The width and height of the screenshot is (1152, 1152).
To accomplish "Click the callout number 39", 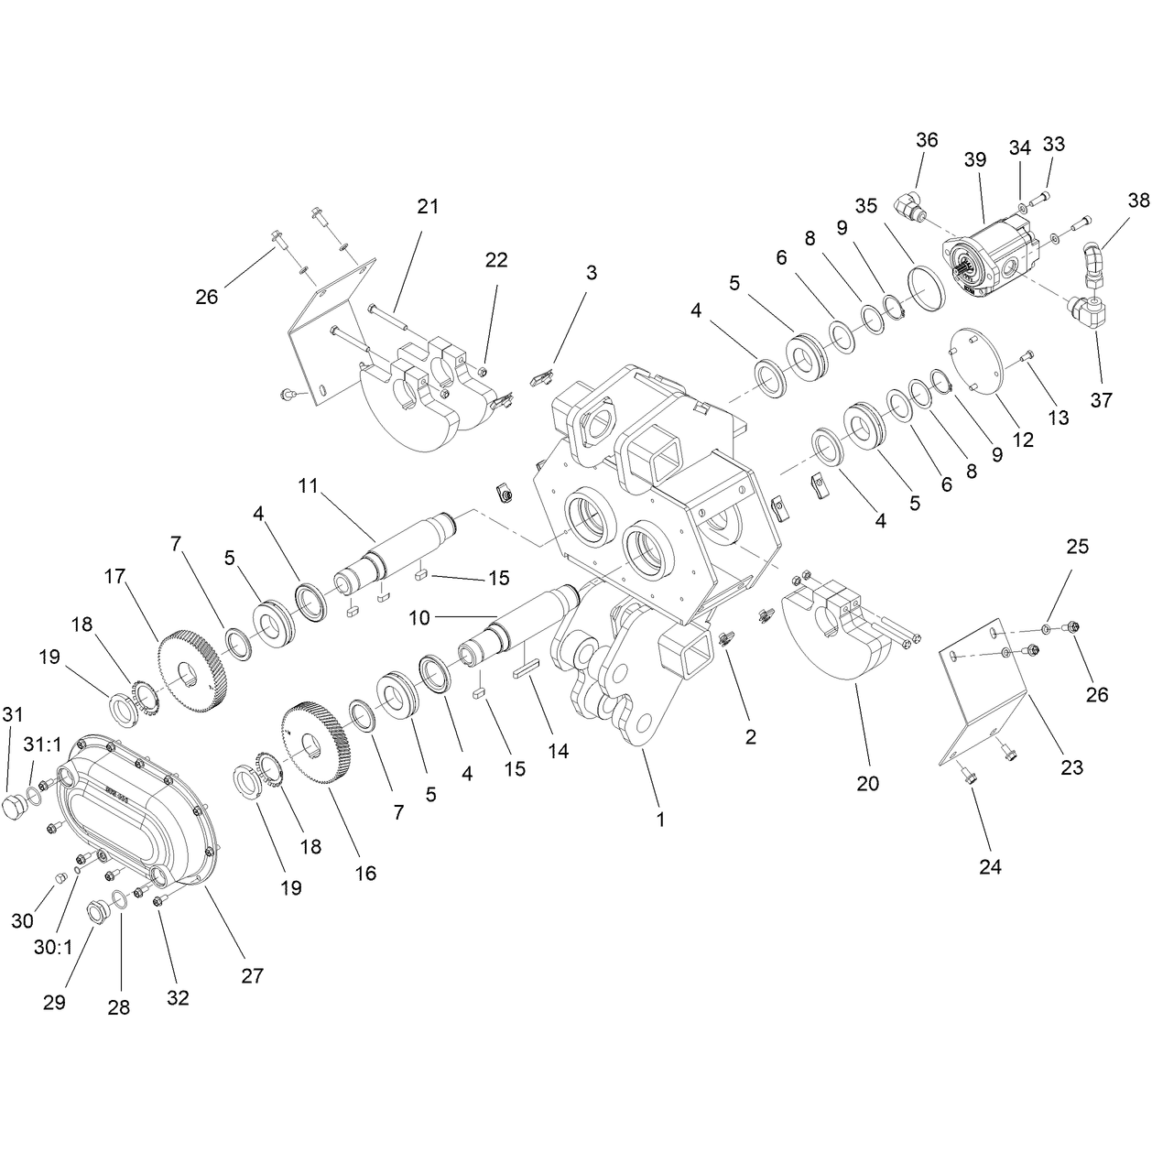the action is pos(974,159).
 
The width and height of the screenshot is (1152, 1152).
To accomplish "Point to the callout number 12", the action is pos(1023,440).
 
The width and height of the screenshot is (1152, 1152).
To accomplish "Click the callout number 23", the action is pos(1071,767).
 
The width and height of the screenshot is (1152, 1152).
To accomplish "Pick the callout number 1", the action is pos(660,820).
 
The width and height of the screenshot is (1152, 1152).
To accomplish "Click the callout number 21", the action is pos(428,206).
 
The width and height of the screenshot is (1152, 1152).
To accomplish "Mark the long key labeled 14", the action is pos(527,668).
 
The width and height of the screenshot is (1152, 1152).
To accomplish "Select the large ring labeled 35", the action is pos(927,291).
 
